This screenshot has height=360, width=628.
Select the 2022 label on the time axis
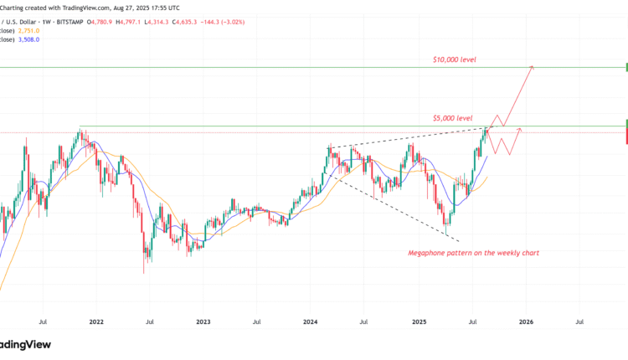click(96, 321)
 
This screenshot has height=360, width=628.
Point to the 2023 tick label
click(203, 321)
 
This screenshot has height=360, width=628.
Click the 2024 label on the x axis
click(311, 321)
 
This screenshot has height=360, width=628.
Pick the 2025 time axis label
click(419, 321)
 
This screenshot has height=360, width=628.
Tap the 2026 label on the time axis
click(526, 321)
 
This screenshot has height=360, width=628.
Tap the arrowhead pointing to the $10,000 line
click(532, 68)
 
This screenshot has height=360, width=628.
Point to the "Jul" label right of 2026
click(579, 321)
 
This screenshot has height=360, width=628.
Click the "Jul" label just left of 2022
click(43, 321)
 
